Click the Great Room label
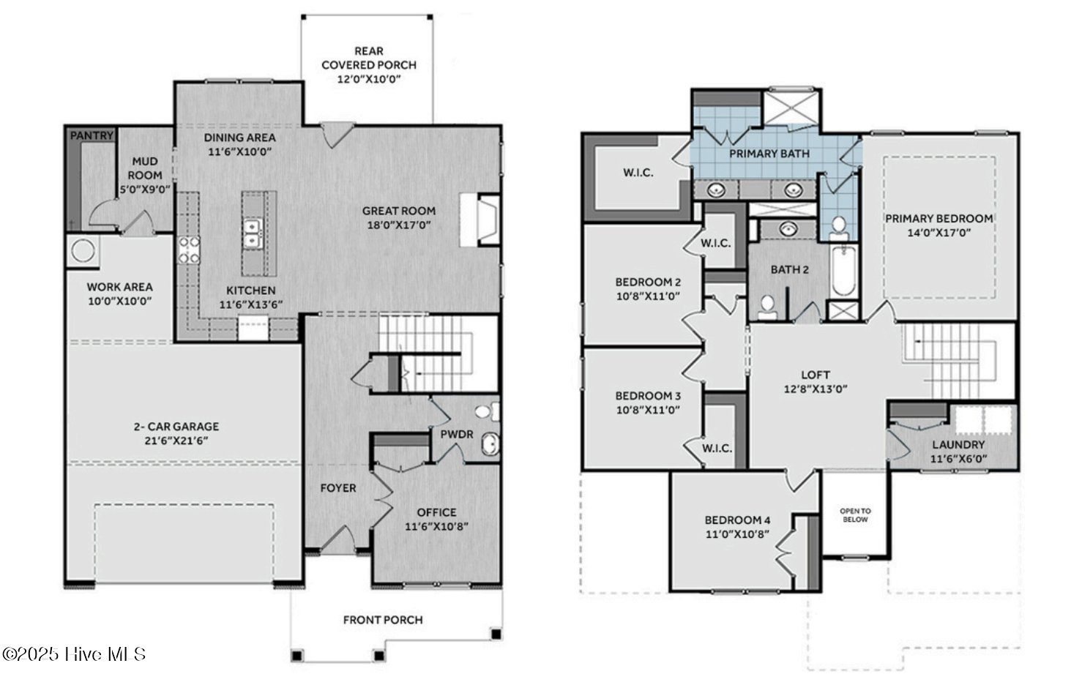coord(398,211)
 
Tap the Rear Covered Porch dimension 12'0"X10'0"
coord(369,79)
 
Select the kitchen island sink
coord(252,233)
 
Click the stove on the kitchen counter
coord(189,250)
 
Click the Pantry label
coord(92,135)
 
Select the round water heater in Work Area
coord(82,250)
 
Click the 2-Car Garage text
coord(176,427)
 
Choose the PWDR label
coord(457,434)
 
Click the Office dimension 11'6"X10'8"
coord(436,526)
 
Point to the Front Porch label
coord(383,620)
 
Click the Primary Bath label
coord(769,154)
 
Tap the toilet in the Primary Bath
coord(839,228)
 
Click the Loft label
coord(815,375)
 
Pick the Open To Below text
coord(855,515)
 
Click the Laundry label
coord(958,444)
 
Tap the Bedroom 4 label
coord(737,520)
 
